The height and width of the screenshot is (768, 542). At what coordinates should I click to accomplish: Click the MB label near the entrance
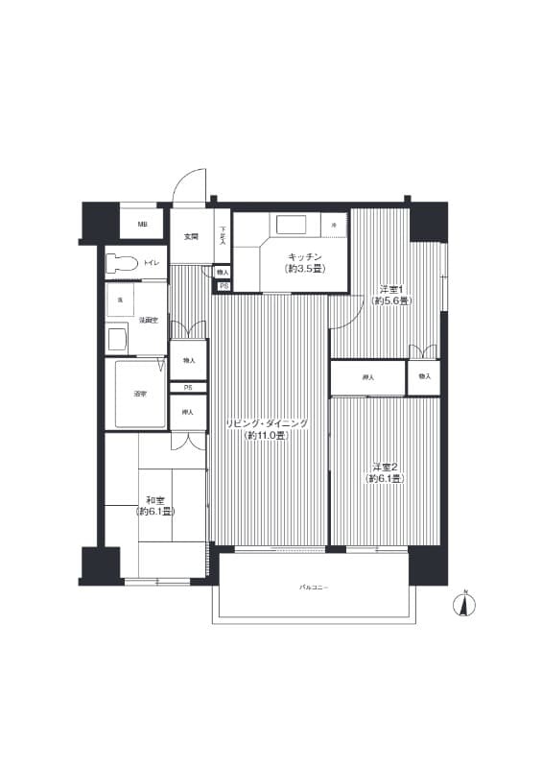(142, 225)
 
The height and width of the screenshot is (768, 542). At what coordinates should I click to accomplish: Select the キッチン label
(303, 256)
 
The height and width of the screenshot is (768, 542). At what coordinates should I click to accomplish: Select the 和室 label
(153, 499)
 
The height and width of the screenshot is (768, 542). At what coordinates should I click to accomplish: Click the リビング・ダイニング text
(267, 423)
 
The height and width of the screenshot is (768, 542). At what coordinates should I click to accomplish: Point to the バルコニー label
(314, 586)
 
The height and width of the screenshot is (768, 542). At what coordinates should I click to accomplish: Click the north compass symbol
(464, 605)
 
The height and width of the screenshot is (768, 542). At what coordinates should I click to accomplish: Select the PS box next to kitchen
(224, 286)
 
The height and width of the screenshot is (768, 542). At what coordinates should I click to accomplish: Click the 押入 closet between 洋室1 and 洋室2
(367, 378)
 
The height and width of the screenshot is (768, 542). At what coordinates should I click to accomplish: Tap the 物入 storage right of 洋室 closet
(424, 377)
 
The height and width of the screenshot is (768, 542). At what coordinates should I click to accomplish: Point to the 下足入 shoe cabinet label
(223, 235)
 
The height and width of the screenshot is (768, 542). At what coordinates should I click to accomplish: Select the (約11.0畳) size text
(267, 436)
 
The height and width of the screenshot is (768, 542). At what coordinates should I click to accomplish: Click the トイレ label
(152, 262)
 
